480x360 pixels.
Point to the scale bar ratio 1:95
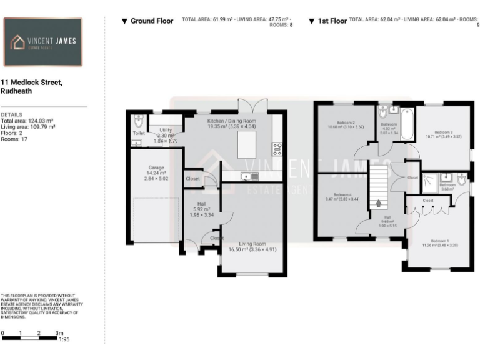coord(63,339)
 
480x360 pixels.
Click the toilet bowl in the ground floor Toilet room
coord(139,121)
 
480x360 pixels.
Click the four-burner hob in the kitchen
coord(277,149)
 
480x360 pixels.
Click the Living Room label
coord(252,244)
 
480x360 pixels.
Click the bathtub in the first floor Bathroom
coord(405,124)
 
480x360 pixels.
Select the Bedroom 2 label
coord(346,122)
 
